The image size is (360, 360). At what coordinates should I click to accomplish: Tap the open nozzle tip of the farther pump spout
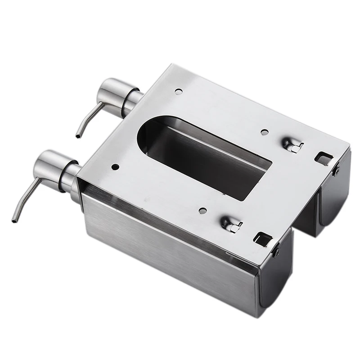click(x=78, y=135)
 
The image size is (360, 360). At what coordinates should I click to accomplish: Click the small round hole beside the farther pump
click(x=179, y=91)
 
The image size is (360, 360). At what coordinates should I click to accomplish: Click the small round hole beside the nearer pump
click(x=115, y=167)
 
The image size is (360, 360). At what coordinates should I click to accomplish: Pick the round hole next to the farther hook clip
click(x=265, y=132)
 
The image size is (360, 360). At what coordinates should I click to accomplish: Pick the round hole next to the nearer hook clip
click(x=202, y=210)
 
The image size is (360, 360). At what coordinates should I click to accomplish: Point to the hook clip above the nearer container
click(x=230, y=224)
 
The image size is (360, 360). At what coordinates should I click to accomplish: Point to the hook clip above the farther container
click(x=292, y=144)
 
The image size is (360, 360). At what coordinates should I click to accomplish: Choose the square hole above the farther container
click(x=324, y=157)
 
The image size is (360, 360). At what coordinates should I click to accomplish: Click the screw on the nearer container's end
click(x=275, y=251)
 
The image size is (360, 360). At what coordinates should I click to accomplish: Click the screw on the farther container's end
click(x=336, y=170)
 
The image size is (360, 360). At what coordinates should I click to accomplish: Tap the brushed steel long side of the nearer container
click(x=166, y=252)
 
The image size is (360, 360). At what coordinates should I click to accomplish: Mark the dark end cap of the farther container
click(x=334, y=198)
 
